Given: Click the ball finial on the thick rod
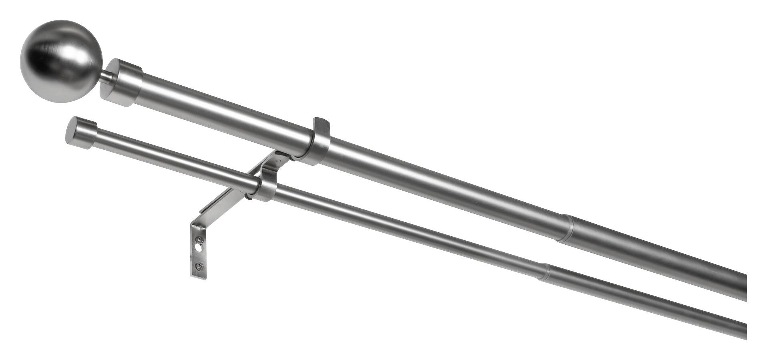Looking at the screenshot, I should (61, 61).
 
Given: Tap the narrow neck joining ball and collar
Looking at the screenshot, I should (106, 76).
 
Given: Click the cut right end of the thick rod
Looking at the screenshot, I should (745, 288).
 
